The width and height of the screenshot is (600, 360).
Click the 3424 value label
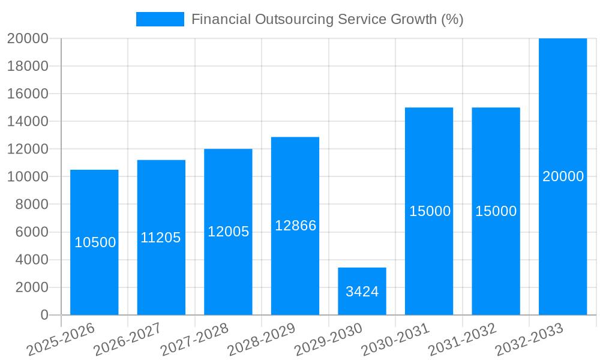[x=362, y=292]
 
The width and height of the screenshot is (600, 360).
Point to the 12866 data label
[x=295, y=226]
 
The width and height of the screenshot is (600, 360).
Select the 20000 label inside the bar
[x=563, y=176]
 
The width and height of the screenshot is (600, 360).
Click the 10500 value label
[x=95, y=242]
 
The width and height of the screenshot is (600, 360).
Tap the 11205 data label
[x=161, y=238]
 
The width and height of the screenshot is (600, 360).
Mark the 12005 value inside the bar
[x=228, y=232]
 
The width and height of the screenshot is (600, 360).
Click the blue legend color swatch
[x=160, y=19]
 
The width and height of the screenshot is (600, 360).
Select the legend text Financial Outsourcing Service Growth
[x=327, y=19]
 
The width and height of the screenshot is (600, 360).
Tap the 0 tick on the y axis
[x=44, y=315]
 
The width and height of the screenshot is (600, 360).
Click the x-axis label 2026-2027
[x=127, y=340]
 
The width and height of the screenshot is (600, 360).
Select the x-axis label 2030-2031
[x=395, y=340]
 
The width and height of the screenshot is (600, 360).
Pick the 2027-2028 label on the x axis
[x=194, y=340]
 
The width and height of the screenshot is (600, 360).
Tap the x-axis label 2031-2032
[x=462, y=340]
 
